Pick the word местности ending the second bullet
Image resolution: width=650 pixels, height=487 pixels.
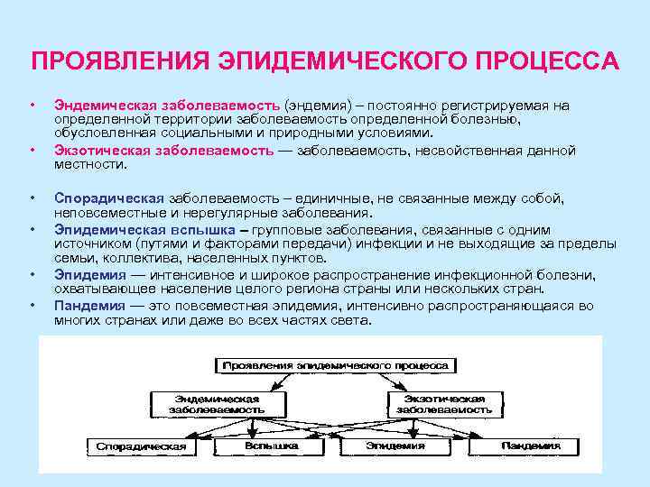click(89, 165)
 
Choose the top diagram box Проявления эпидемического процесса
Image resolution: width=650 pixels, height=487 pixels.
click(333, 365)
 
